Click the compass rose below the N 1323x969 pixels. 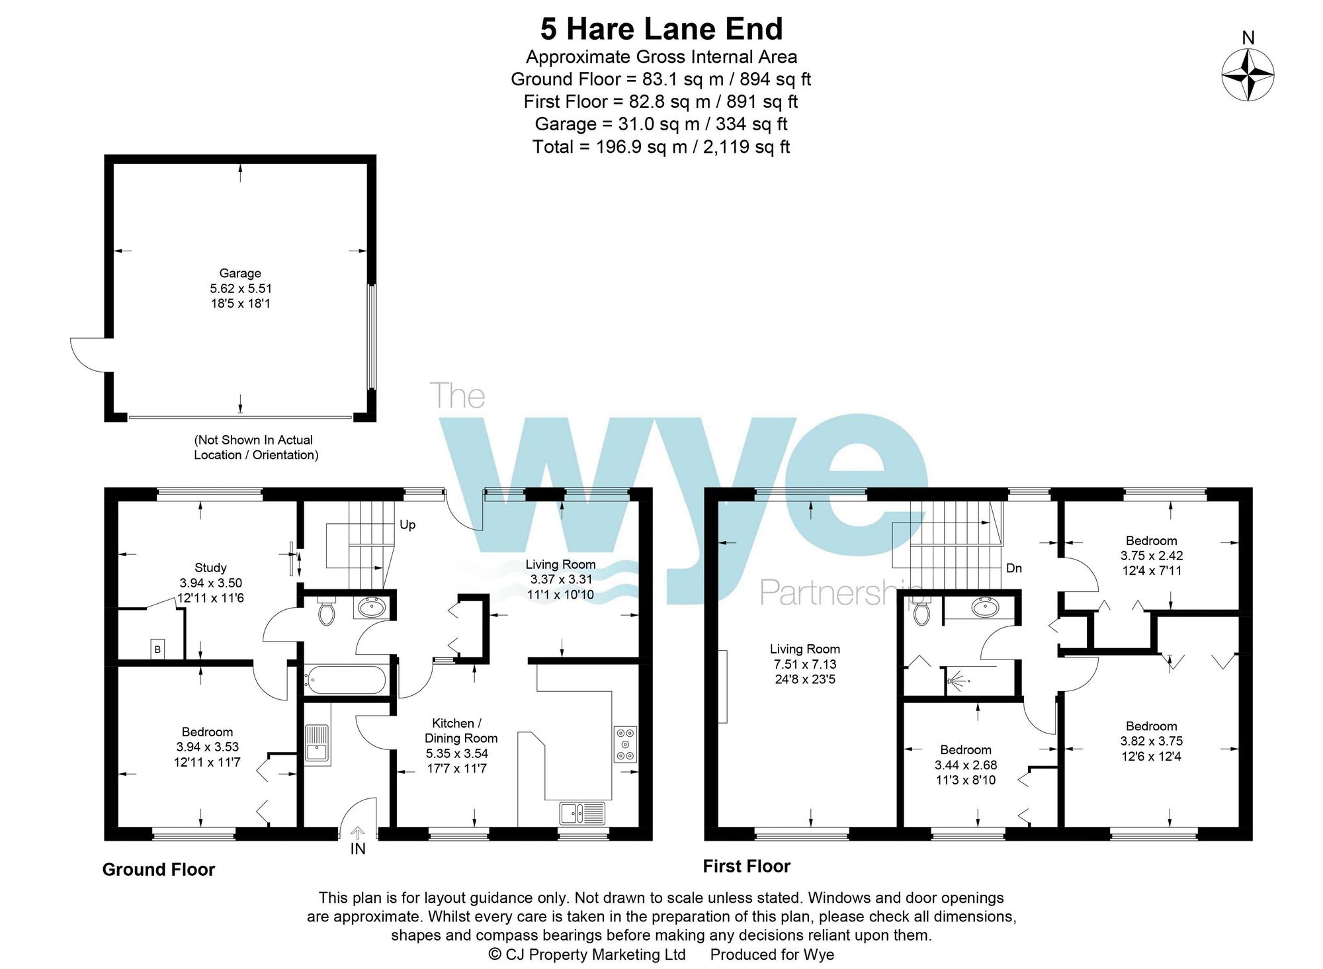(x=1248, y=75)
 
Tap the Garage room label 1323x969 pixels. (x=240, y=273)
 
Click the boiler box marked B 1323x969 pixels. (x=157, y=649)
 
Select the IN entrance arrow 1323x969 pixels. (x=357, y=833)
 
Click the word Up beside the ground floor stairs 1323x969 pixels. (x=407, y=525)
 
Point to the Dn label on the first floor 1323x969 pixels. (x=1013, y=568)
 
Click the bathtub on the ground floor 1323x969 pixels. (x=345, y=679)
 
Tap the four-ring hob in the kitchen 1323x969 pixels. (x=626, y=745)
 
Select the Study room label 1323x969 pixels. (x=210, y=568)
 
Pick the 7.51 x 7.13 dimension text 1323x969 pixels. (x=805, y=664)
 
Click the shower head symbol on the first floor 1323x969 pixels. (x=957, y=680)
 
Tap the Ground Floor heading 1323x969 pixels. (x=159, y=870)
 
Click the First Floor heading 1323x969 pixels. (x=746, y=866)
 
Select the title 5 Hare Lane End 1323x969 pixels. (x=661, y=29)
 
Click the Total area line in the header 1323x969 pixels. (x=661, y=147)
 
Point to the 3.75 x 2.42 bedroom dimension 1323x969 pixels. (x=1151, y=556)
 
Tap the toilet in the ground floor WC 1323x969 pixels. (x=327, y=612)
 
